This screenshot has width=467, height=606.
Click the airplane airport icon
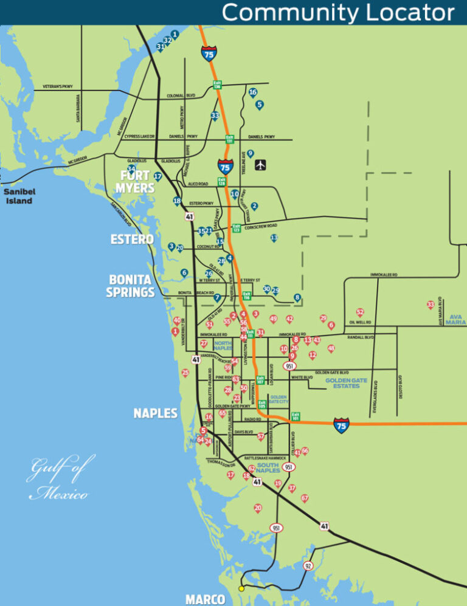[x=261, y=165]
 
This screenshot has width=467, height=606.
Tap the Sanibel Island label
[x=19, y=196]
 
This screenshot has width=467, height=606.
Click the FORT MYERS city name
[x=135, y=182]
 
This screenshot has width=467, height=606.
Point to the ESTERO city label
[x=132, y=239]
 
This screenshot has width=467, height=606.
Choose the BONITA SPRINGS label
[x=130, y=286]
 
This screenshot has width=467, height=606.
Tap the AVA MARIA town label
[x=455, y=320]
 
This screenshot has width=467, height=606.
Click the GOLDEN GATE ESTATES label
[x=346, y=383]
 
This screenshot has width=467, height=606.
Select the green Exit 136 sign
[x=217, y=84]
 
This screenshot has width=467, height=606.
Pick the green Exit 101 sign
[x=296, y=417]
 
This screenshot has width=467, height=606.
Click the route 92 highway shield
[x=309, y=566]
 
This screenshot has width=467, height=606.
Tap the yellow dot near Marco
[x=241, y=588]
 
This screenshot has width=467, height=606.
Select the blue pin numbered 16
[x=253, y=93]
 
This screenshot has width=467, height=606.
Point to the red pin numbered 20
[x=258, y=508]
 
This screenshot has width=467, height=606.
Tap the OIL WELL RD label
[x=360, y=322]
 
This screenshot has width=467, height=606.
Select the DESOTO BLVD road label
[x=401, y=387]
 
